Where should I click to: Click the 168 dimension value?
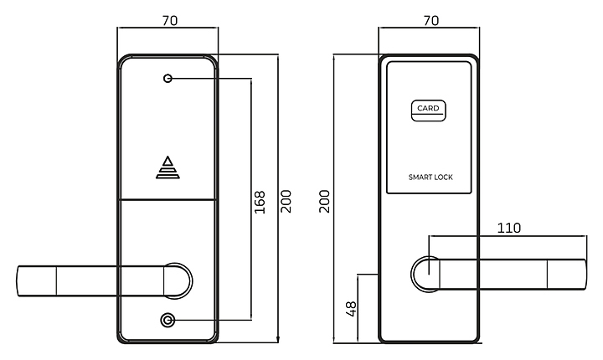coord(260,201)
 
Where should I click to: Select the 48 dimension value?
coord(352,308)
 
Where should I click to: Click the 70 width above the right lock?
coord(431,20)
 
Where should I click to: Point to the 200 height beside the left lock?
coord(286,201)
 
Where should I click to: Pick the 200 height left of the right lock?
coord(325,201)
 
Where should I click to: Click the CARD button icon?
coord(428,109)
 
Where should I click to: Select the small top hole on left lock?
coord(167,79)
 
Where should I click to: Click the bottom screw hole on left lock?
coord(167,320)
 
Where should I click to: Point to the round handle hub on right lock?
coord(424,275)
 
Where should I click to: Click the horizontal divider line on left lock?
coord(167,199)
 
